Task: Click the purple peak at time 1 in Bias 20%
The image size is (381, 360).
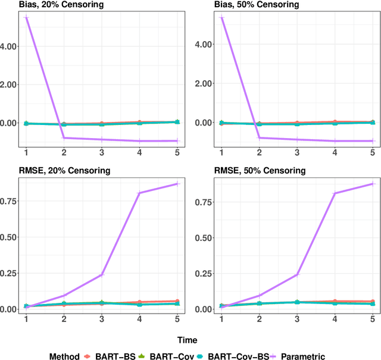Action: [26, 18]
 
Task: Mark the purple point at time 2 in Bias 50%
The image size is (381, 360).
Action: [259, 137]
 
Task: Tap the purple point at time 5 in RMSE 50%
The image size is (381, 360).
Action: [373, 184]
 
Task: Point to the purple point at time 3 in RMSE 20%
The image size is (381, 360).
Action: [101, 275]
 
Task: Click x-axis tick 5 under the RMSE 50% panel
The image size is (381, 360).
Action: [373, 319]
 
